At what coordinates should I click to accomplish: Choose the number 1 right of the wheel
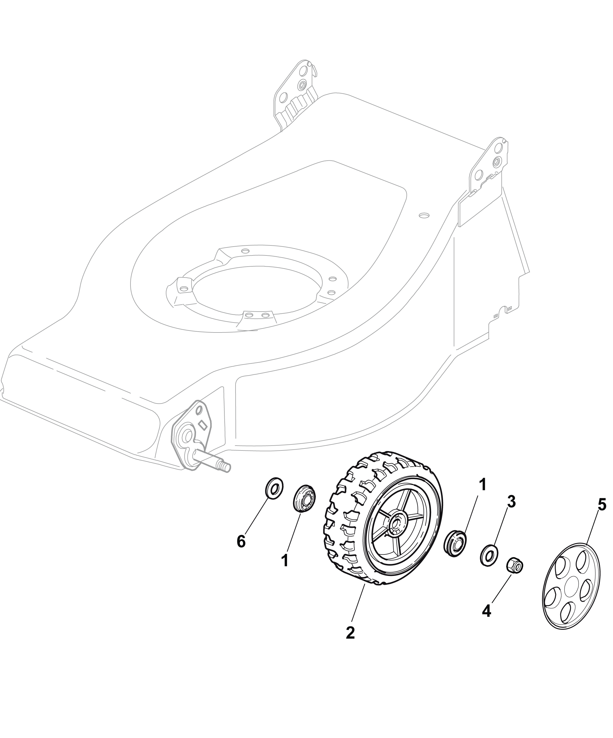483,485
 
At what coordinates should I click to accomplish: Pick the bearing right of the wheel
455,546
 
